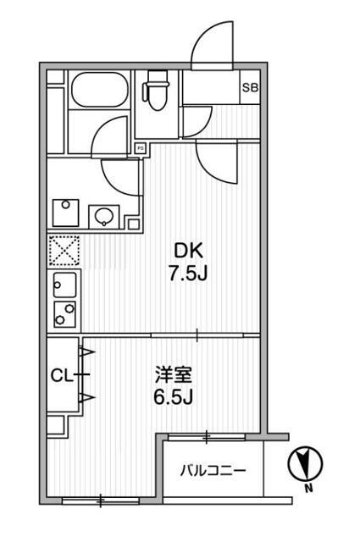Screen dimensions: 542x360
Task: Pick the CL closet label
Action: tap(59, 374)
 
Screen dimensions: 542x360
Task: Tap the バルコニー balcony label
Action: tap(212, 471)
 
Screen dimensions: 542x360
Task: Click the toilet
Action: tap(157, 90)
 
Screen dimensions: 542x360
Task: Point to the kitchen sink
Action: tap(65, 282)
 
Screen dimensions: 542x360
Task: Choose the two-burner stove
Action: tap(64, 312)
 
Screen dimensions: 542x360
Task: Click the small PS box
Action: tap(140, 147)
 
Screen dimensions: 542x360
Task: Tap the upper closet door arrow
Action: tap(86, 351)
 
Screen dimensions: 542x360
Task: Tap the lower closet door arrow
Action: tap(86, 396)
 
